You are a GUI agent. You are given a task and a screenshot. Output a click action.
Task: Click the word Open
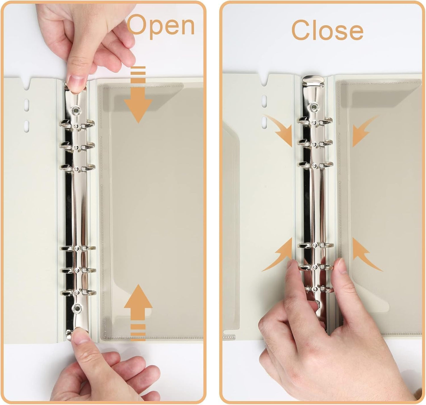point(161,26)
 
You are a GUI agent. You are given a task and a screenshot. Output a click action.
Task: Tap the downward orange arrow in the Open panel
point(138,95)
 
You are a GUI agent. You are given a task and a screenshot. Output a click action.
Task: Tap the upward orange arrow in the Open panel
point(138,312)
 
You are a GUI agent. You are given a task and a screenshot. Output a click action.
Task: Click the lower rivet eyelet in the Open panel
point(77,308)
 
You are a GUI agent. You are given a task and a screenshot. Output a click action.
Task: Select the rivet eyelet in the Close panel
point(313,107)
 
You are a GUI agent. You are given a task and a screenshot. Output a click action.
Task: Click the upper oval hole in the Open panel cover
point(27,105)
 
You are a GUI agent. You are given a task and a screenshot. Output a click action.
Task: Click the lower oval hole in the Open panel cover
point(27,126)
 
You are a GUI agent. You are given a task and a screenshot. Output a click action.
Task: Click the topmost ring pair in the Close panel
point(315,123)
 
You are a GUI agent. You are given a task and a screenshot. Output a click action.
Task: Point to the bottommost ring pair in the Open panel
point(78,292)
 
